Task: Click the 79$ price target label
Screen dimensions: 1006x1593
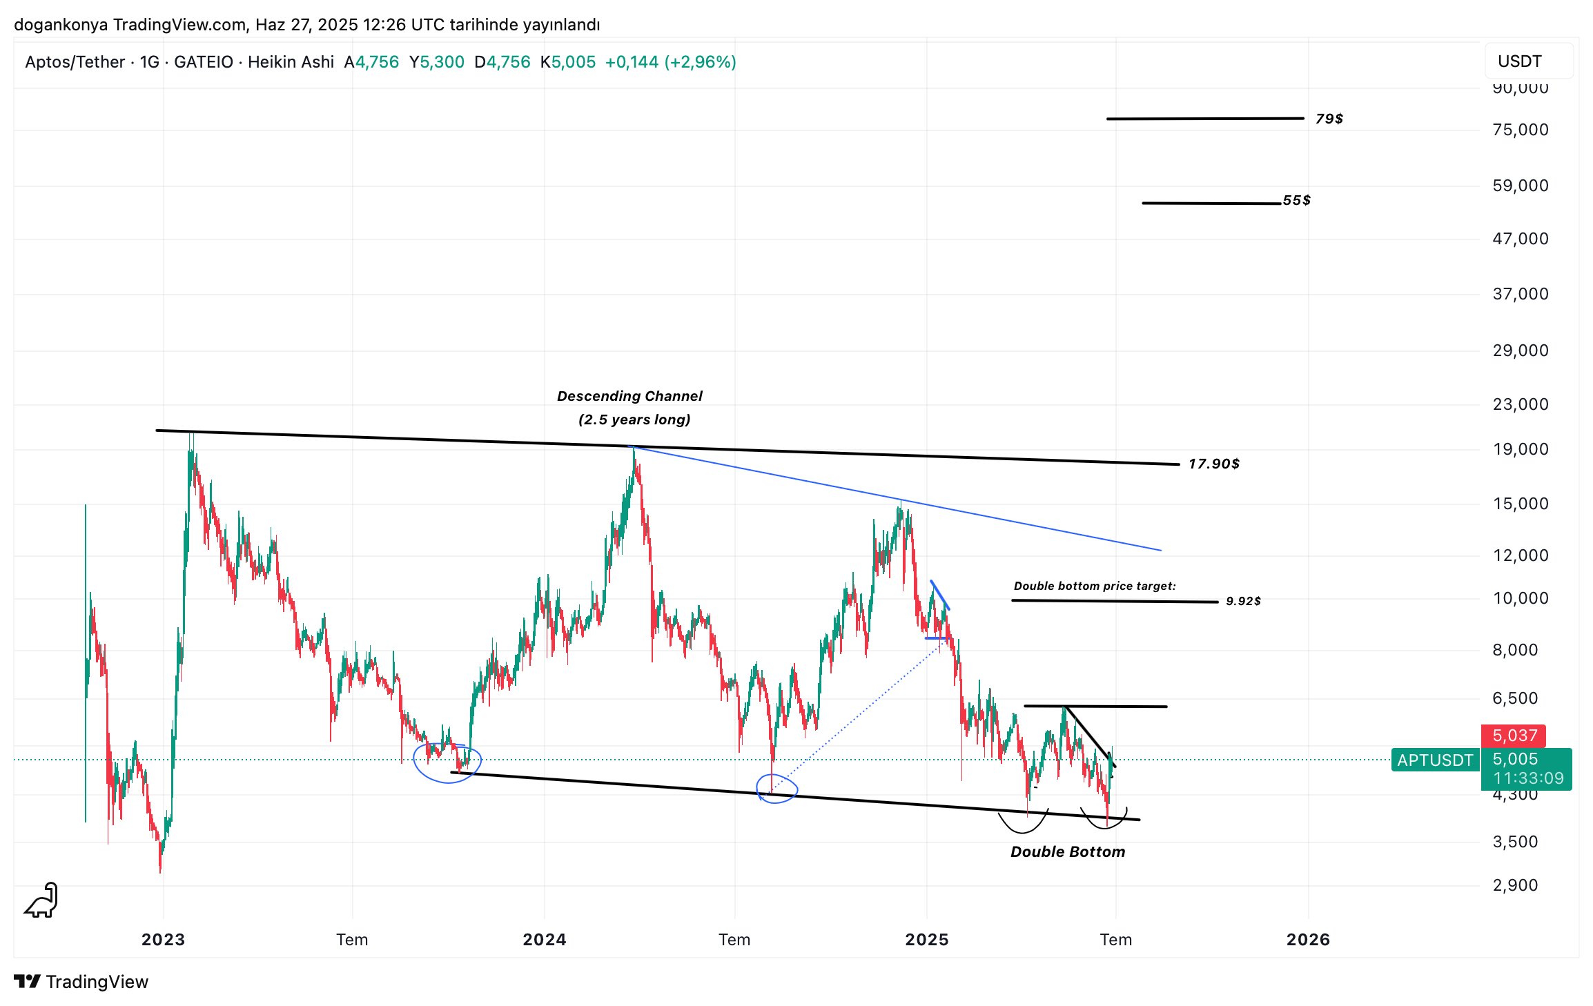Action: (x=1329, y=119)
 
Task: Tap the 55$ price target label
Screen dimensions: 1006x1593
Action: (x=1296, y=200)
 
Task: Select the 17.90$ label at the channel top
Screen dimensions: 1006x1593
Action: (x=1213, y=464)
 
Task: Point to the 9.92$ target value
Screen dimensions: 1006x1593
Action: (x=1243, y=601)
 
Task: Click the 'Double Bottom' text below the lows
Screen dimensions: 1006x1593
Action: (x=1067, y=851)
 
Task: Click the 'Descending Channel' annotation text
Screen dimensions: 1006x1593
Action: (x=629, y=396)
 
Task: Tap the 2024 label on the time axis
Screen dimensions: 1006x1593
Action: (x=544, y=939)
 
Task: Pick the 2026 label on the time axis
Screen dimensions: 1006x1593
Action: (x=1307, y=939)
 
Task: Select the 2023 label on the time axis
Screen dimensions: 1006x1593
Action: (x=163, y=939)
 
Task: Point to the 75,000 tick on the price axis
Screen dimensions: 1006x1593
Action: (x=1520, y=130)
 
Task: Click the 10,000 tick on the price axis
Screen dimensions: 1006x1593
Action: (x=1520, y=598)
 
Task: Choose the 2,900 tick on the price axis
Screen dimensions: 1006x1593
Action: (x=1515, y=885)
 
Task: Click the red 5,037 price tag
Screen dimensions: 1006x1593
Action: (x=1514, y=736)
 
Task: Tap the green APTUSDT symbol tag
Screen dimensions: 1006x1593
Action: (x=1435, y=760)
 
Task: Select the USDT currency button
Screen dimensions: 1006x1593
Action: (x=1519, y=61)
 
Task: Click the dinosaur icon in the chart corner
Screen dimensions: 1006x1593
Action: (x=41, y=901)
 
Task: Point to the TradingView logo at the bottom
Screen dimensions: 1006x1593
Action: (x=81, y=982)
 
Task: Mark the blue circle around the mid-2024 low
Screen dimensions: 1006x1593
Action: (x=776, y=789)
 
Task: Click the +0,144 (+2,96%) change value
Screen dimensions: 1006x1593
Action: (x=670, y=62)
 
